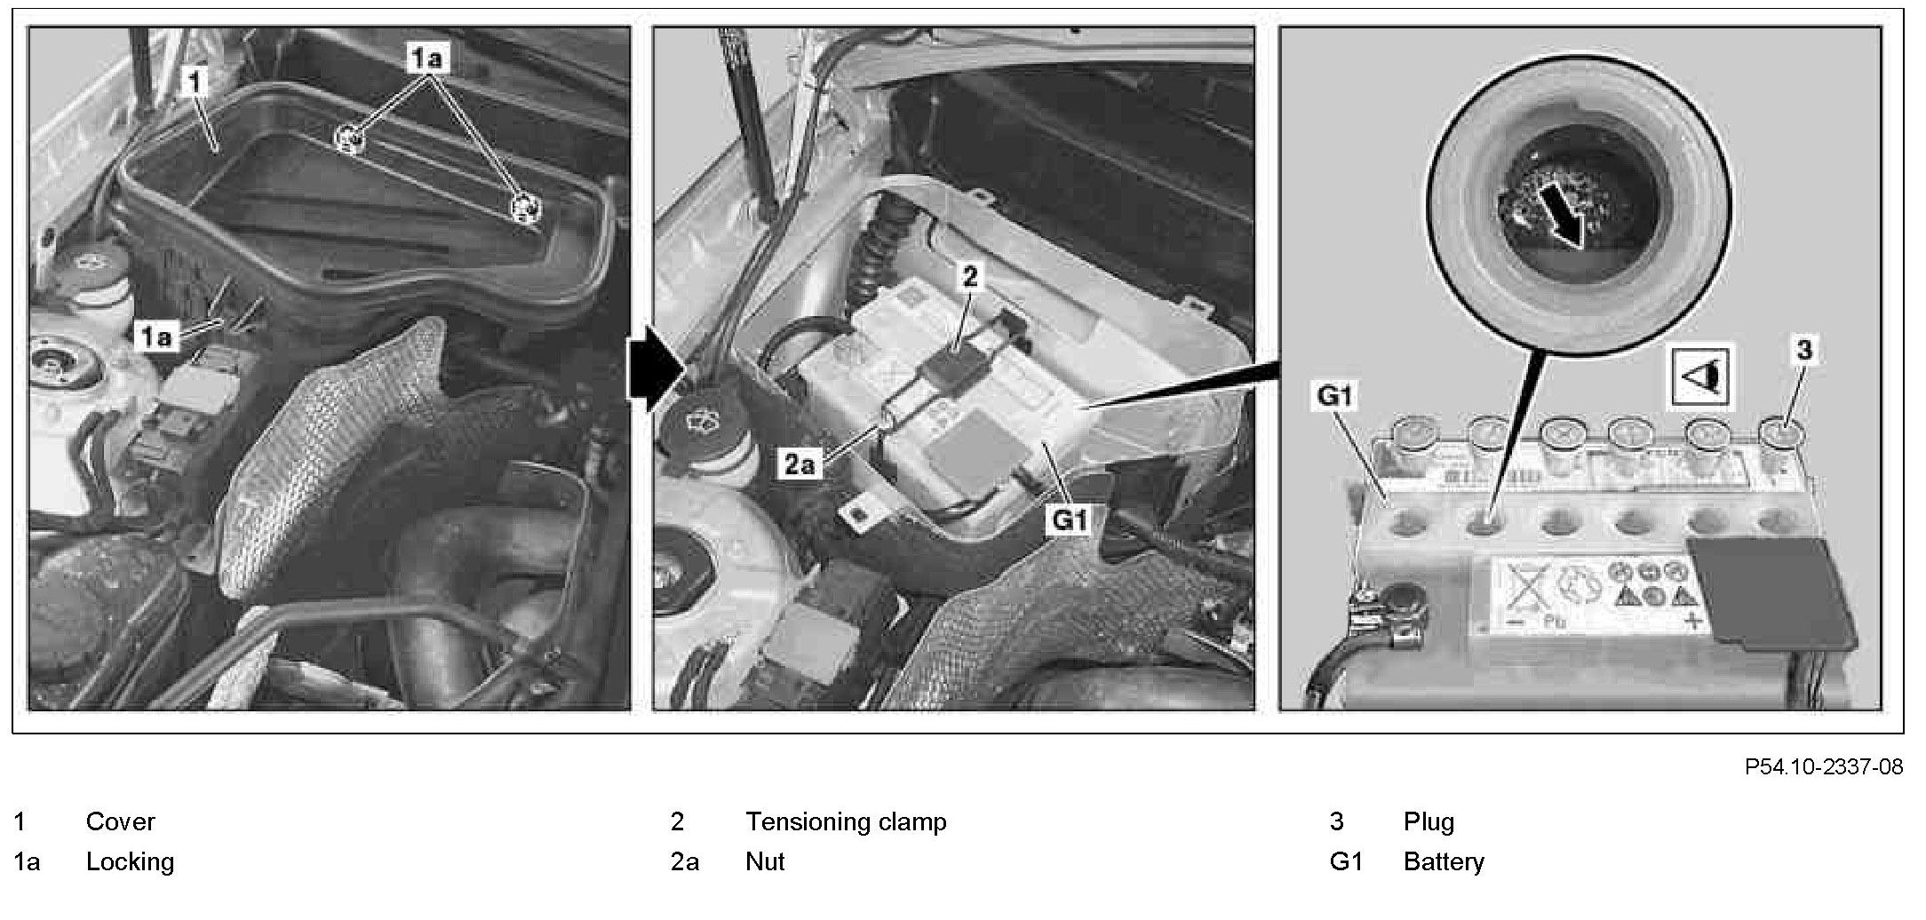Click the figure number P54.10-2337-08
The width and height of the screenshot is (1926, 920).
coord(1823,767)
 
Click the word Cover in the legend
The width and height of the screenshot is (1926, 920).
coord(120,821)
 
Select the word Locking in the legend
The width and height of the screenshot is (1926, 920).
coord(130,861)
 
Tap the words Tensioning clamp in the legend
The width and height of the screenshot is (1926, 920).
coord(846,821)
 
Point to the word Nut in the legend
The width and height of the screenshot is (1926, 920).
coord(765,861)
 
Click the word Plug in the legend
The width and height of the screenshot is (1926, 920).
coord(1429,821)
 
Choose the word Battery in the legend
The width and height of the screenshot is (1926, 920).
coord(1444,861)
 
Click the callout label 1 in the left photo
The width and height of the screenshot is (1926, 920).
coord(195,83)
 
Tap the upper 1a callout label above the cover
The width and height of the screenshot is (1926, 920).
coord(428,59)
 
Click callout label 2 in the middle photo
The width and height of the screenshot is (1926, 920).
coord(970,277)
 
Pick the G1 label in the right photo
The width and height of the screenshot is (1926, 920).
coord(1334,397)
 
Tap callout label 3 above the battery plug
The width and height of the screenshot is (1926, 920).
coord(1804,351)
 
